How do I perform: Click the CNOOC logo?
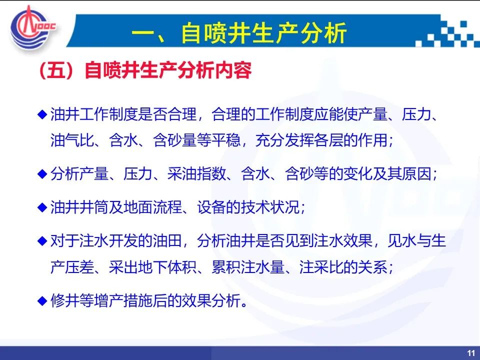point(32,27)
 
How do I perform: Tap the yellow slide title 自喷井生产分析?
point(263,32)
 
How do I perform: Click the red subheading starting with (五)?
point(145,70)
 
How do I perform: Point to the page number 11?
point(471,353)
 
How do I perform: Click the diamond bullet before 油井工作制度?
point(42,114)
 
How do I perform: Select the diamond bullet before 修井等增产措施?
point(42,300)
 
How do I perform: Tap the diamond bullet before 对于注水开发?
point(42,240)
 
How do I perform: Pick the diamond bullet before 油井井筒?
point(42,207)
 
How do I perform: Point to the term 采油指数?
point(196,174)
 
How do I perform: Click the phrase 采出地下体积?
point(152,267)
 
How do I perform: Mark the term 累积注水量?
point(248,267)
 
